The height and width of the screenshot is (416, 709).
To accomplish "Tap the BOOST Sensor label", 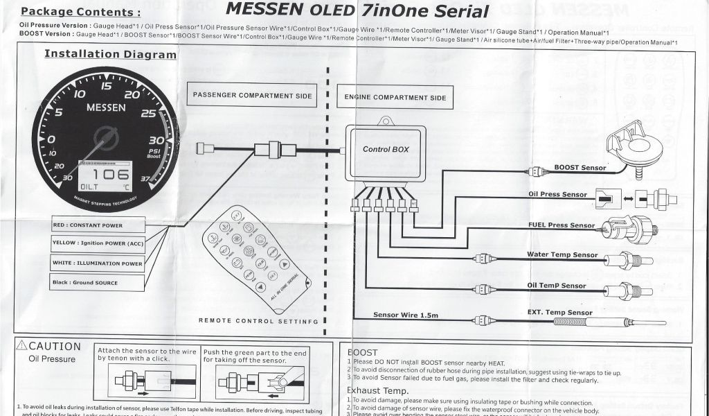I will click(580, 168).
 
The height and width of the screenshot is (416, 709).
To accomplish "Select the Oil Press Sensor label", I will click(557, 195).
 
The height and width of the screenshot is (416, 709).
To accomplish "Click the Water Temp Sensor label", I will click(562, 255).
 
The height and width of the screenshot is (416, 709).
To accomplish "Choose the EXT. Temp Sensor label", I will click(559, 313).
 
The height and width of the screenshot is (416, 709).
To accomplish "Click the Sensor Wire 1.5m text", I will click(406, 315).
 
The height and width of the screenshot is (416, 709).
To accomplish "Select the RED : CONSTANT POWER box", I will click(97, 225).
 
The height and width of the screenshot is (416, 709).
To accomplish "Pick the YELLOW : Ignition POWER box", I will click(97, 243).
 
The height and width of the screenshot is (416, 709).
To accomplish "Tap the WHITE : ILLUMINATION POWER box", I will click(97, 263).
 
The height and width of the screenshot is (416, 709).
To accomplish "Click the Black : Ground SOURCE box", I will click(97, 283).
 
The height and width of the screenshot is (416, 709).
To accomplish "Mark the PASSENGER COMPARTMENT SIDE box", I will click(252, 96).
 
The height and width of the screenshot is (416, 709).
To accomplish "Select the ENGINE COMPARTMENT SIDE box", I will click(395, 98).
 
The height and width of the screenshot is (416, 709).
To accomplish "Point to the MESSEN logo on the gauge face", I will click(105, 108).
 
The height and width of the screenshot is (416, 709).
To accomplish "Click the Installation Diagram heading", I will click(110, 54).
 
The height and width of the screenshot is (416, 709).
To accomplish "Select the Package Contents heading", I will click(80, 12).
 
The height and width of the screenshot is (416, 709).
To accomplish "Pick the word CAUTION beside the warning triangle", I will click(55, 347).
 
